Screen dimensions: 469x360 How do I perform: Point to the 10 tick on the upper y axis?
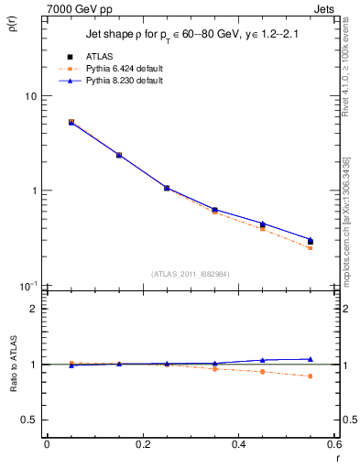pyautogui.click(x=30, y=96)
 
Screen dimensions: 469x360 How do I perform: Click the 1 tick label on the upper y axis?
pyautogui.click(x=33, y=191)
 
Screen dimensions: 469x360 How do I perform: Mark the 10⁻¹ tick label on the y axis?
pyautogui.click(x=28, y=285)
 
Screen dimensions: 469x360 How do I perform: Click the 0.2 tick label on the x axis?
pyautogui.click(x=142, y=444)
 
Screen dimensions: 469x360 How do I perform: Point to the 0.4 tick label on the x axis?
pyautogui.click(x=238, y=444)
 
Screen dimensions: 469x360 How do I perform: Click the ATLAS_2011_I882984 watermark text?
pyautogui.click(x=191, y=273)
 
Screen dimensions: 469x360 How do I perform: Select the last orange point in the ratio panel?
pyautogui.click(x=311, y=376)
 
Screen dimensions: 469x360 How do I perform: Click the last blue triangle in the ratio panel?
pyautogui.click(x=311, y=359)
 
